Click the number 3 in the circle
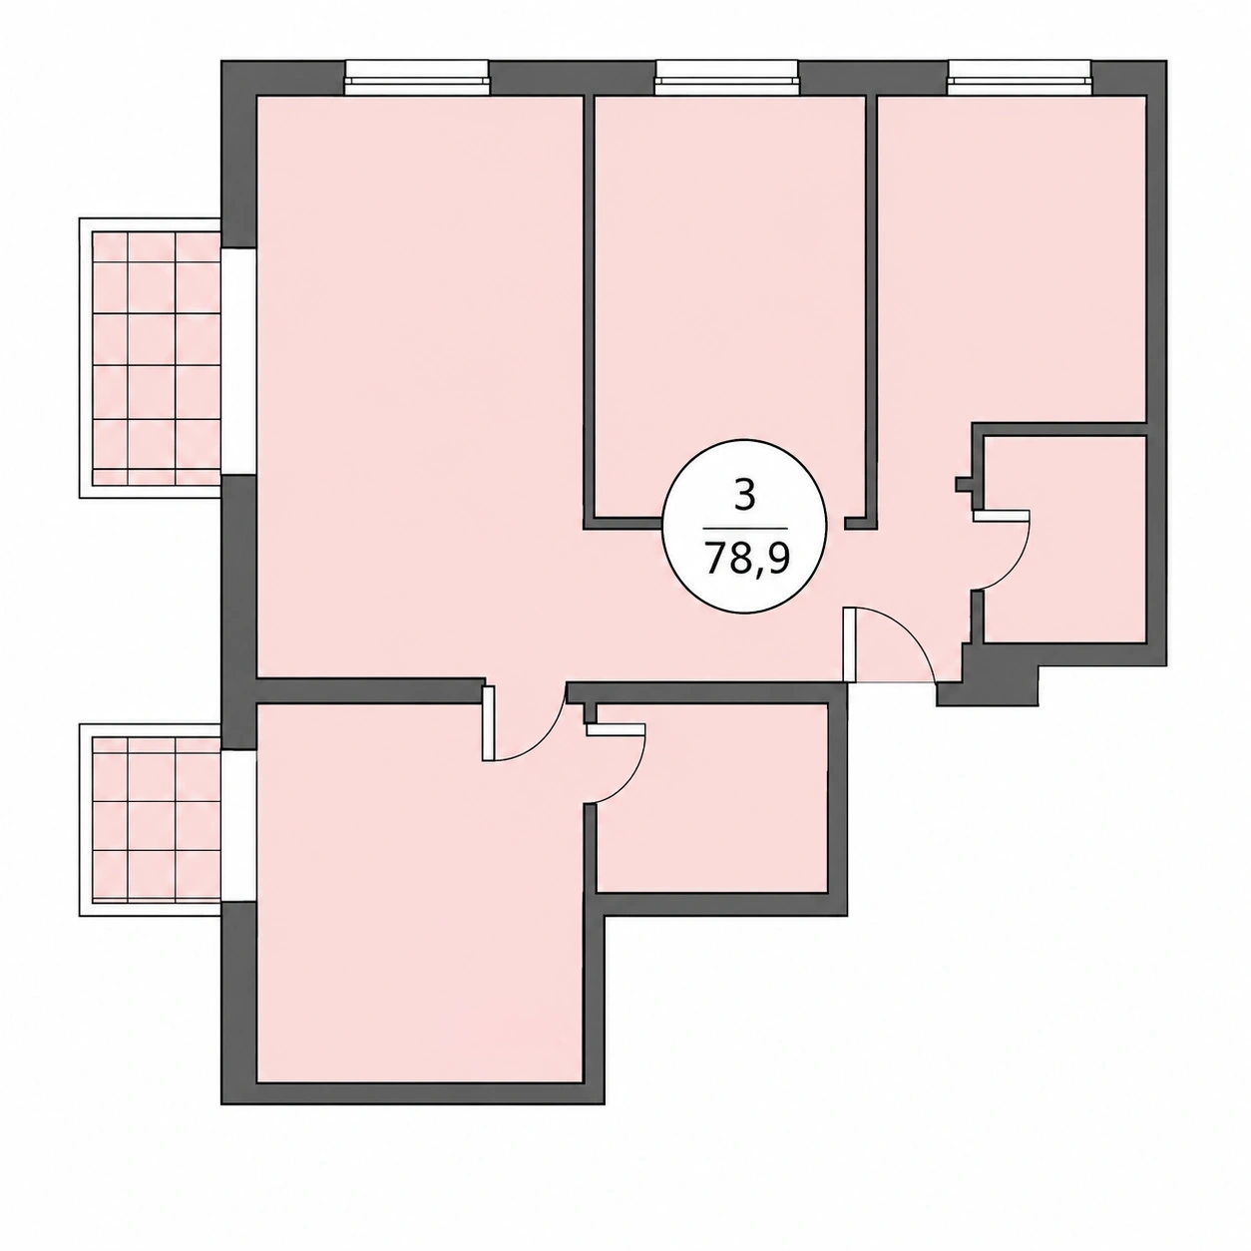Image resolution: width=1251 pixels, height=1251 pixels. coord(745,496)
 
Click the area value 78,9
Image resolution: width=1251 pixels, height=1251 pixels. coord(746,557)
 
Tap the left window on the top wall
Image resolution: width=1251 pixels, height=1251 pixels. coord(416,77)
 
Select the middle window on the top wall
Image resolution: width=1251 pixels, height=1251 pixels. coord(726,77)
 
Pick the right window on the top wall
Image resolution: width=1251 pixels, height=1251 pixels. coord(1020,77)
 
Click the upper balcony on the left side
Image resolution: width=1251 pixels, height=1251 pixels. coord(151,358)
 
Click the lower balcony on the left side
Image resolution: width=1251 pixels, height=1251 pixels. coord(151,820)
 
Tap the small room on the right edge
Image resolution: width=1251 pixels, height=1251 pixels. coord(1064,539)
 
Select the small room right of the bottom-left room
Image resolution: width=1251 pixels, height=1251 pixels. coord(711,798)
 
